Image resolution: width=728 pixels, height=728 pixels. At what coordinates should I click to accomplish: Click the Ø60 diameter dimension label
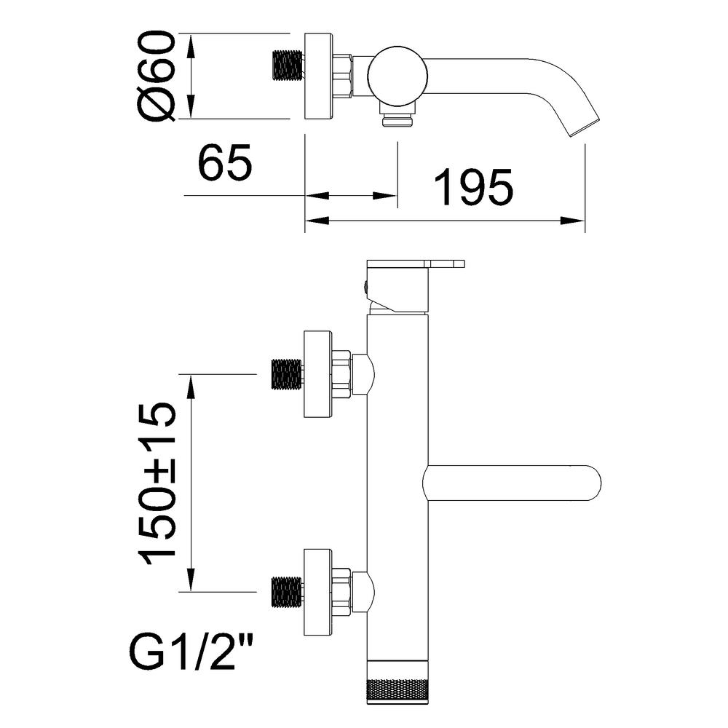coord(157,76)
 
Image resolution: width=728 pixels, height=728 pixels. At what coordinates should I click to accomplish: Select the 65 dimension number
coord(225,162)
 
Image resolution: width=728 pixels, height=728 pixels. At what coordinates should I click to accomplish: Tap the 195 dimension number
coord(474,186)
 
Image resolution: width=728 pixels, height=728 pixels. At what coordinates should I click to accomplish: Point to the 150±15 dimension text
coord(157,483)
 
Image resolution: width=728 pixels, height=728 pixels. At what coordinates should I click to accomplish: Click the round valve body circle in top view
coord(397,76)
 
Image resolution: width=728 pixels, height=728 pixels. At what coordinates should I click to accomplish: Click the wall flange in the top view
coord(318,76)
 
